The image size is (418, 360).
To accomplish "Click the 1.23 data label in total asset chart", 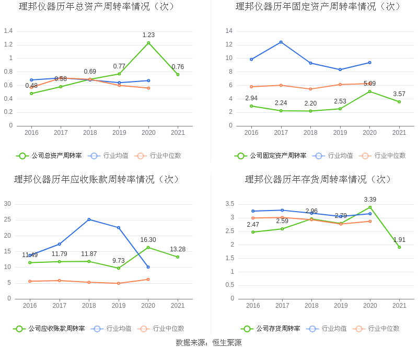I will coord(148,35).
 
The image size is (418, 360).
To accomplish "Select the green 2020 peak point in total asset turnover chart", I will coord(148,43).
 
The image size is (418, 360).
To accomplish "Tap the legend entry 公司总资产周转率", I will coord(50,156).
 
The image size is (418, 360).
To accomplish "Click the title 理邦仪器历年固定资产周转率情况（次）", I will coord(318,7).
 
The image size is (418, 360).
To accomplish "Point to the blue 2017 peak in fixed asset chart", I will coord(281,42).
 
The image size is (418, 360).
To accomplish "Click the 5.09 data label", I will coord(369,84).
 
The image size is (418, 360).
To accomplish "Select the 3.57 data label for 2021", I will coord(399,94).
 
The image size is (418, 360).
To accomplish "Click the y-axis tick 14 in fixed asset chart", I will coord(229,31).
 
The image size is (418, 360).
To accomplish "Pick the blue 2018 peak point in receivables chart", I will coord(89,219).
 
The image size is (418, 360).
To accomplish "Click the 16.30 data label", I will coord(148,240).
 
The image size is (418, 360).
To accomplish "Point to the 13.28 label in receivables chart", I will coord(178,249).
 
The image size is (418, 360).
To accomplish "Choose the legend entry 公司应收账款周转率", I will coord(50,329).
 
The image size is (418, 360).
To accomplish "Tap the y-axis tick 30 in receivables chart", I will coord(7,204).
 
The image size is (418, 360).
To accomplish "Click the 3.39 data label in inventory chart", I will coord(370,200).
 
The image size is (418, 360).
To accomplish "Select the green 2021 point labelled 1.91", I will coord(399,247).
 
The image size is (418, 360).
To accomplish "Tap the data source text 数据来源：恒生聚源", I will coord(208,343).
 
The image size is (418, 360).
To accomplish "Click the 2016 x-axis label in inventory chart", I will coord(253,306).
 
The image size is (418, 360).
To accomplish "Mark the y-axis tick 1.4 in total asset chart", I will coord(8,31).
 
